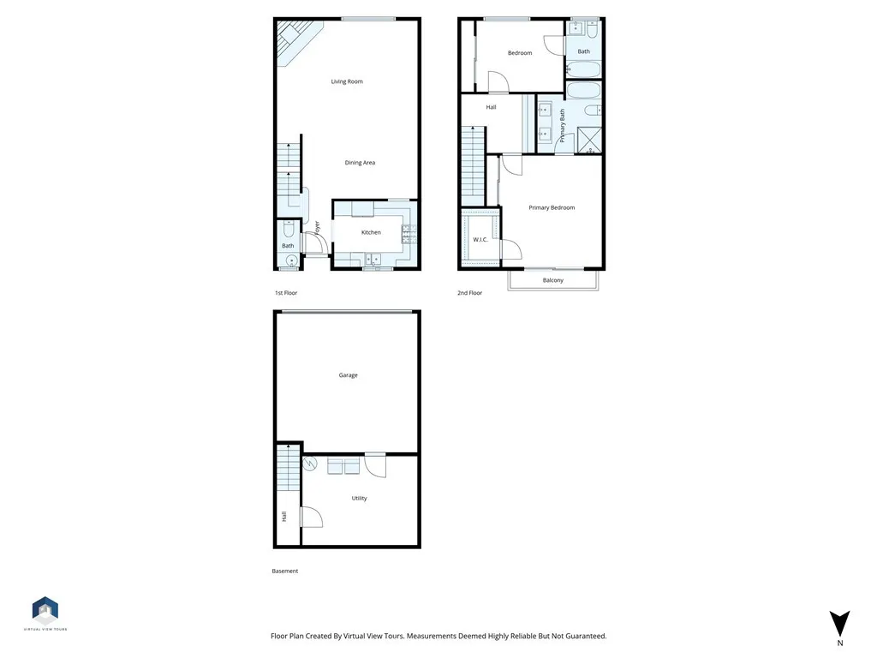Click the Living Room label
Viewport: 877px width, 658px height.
pyautogui.click(x=347, y=82)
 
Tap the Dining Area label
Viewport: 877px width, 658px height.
pyautogui.click(x=360, y=163)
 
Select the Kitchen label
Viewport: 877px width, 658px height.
pyautogui.click(x=371, y=233)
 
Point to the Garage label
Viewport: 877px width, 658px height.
pyautogui.click(x=348, y=375)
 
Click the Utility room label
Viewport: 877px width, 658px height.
pyautogui.click(x=359, y=499)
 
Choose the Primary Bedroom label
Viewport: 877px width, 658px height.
pyautogui.click(x=552, y=208)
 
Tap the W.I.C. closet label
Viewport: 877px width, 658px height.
pyautogui.click(x=480, y=240)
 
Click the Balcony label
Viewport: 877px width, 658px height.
pyautogui.click(x=553, y=281)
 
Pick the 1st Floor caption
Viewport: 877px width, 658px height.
pyautogui.click(x=286, y=293)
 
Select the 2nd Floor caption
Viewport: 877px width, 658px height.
pyautogui.click(x=469, y=293)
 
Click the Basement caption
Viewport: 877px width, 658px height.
pyautogui.click(x=285, y=571)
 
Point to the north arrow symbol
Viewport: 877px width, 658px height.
pyautogui.click(x=840, y=624)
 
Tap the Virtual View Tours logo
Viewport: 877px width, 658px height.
pyautogui.click(x=45, y=611)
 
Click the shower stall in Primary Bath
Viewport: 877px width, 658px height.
pyautogui.click(x=589, y=141)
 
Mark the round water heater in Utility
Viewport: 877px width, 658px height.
pyautogui.click(x=310, y=464)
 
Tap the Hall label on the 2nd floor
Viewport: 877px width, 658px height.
pyautogui.click(x=491, y=108)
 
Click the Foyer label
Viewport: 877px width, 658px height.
pyautogui.click(x=317, y=228)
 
